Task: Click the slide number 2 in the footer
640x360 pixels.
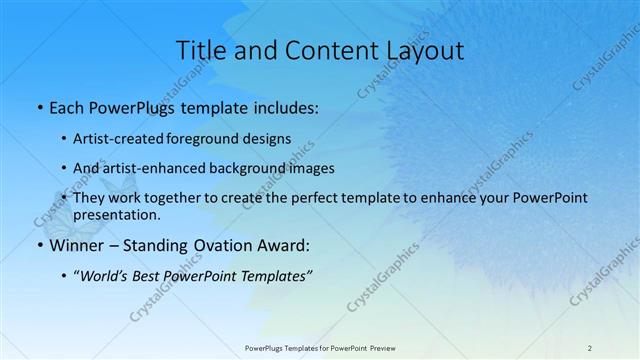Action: pyautogui.click(x=590, y=347)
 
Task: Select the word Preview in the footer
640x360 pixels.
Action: pyautogui.click(x=379, y=347)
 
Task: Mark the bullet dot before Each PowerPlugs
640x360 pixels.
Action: pyautogui.click(x=38, y=108)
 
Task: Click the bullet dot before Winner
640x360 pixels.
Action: pyautogui.click(x=38, y=245)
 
